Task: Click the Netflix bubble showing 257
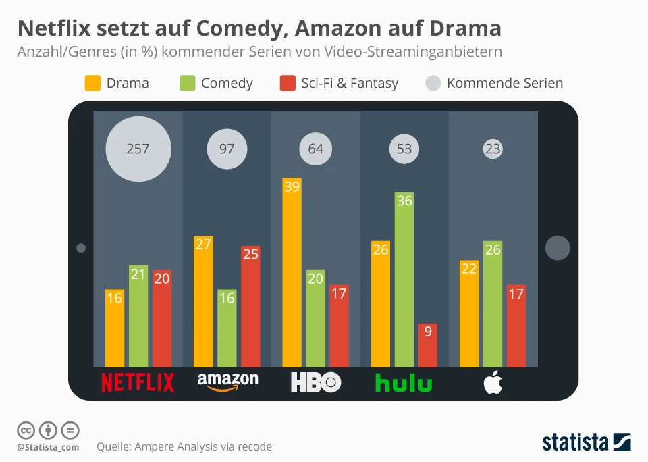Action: coord(138,149)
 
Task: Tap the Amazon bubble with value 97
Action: coord(227,149)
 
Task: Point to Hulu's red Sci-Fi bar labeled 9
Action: coord(428,345)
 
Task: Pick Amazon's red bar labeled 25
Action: coord(250,307)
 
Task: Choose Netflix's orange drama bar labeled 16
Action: coord(115,328)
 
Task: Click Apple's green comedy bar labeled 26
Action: coord(493,304)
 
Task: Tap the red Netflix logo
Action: coord(138,382)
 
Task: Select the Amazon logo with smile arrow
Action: coord(227,382)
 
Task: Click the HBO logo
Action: coord(316,383)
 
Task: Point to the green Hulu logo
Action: coord(404,383)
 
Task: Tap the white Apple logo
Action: coord(493,382)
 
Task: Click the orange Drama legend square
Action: coord(92,83)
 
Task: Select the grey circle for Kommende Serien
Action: coord(433,83)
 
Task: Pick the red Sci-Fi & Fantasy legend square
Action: coord(288,83)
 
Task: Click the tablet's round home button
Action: coord(558,248)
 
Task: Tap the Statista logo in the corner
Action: coord(587,442)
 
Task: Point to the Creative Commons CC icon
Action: coord(26,430)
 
